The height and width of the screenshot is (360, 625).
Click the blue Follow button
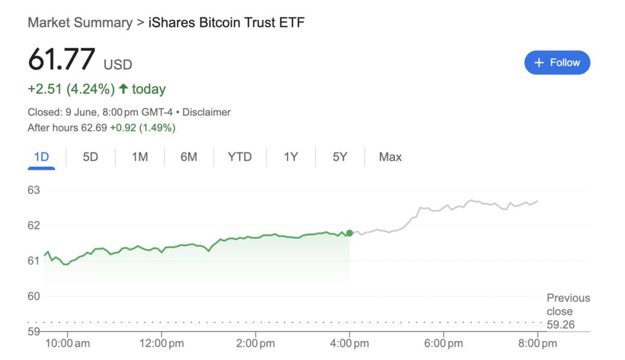(x=557, y=62)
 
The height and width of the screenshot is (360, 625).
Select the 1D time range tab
(x=41, y=157)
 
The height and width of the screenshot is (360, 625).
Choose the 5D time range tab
(x=90, y=157)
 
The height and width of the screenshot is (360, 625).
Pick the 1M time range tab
(x=139, y=157)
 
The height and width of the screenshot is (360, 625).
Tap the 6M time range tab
(x=189, y=157)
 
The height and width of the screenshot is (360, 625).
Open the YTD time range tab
(x=240, y=157)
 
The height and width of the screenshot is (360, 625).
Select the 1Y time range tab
(x=291, y=157)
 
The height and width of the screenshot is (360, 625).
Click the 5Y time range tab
(x=340, y=157)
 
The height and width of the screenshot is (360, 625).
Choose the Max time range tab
(x=390, y=157)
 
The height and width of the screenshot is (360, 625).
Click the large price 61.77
(x=61, y=60)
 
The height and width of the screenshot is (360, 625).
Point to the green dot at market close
(x=349, y=233)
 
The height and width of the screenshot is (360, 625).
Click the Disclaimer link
(x=206, y=112)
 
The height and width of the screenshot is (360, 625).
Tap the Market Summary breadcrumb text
(x=80, y=23)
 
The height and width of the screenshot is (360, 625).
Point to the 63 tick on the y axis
(x=34, y=190)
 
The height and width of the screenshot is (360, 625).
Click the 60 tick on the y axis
(x=34, y=296)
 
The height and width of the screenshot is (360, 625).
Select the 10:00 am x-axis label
(x=67, y=344)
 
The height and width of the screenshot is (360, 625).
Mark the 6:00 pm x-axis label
(x=443, y=344)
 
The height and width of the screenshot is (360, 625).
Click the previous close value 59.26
(x=560, y=325)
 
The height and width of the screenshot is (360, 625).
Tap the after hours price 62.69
(x=94, y=128)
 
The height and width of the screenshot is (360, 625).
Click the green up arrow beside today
(x=124, y=89)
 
